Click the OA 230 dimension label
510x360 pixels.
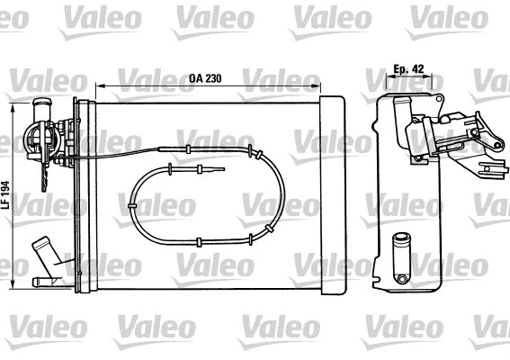(206, 77)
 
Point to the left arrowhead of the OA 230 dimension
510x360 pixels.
(98, 86)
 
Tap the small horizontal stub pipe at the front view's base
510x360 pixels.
(41, 283)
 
